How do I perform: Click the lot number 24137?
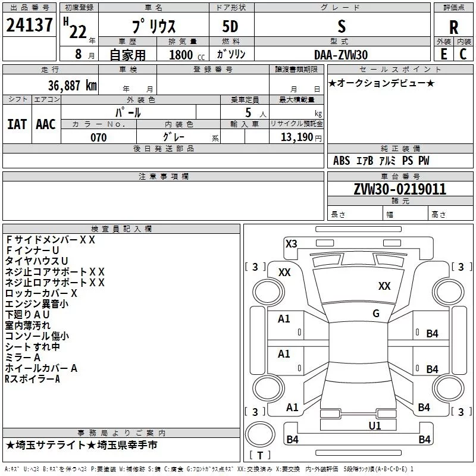(29, 26)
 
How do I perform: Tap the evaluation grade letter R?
(453, 27)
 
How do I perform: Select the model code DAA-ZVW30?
(341, 54)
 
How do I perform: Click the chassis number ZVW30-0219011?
(400, 190)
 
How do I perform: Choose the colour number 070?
(98, 137)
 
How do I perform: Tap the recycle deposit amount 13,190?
(297, 137)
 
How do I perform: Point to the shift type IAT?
(17, 124)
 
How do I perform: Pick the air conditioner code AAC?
(45, 124)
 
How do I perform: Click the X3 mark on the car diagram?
(292, 243)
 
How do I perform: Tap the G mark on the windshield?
(375, 314)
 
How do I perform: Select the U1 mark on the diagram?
(374, 425)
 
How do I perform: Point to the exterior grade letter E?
(443, 54)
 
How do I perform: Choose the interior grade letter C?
(464, 54)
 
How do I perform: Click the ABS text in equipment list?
(342, 161)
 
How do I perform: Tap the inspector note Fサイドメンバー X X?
(50, 240)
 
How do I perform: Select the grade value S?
(341, 27)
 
